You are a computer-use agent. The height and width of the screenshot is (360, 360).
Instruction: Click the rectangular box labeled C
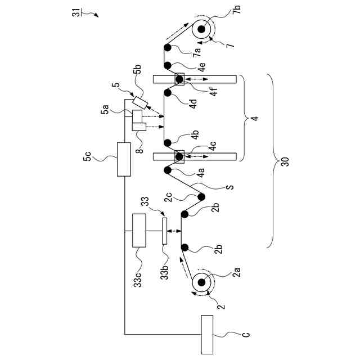click(207, 334)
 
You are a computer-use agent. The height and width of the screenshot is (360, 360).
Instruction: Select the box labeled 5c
click(124, 159)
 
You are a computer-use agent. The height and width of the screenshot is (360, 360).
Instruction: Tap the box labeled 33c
click(139, 231)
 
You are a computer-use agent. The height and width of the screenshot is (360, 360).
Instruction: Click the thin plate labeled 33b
click(164, 231)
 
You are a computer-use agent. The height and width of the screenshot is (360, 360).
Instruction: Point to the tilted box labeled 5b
click(140, 102)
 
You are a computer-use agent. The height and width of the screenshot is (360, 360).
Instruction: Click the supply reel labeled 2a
click(201, 282)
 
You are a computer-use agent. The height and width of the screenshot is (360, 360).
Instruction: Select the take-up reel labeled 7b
click(201, 29)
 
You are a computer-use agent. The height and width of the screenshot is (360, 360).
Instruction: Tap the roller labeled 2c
click(201, 197)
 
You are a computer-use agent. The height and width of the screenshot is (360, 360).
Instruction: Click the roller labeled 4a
click(168, 170)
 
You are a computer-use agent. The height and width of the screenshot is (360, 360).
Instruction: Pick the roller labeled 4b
click(168, 143)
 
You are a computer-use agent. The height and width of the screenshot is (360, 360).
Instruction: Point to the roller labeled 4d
click(168, 93)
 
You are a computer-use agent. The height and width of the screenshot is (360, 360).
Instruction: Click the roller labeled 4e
click(168, 65)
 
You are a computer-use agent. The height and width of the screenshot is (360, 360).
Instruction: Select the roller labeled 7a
click(168, 48)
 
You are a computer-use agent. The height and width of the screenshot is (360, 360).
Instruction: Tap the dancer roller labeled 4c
click(179, 157)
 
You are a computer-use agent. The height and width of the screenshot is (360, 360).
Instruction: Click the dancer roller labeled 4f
click(179, 79)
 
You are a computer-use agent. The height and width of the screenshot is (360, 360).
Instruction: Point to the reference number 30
click(285, 162)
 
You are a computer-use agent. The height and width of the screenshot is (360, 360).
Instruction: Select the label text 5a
click(105, 109)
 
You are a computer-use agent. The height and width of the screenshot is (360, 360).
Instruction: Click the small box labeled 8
click(139, 127)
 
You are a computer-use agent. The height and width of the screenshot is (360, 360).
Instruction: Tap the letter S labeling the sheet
click(230, 187)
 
